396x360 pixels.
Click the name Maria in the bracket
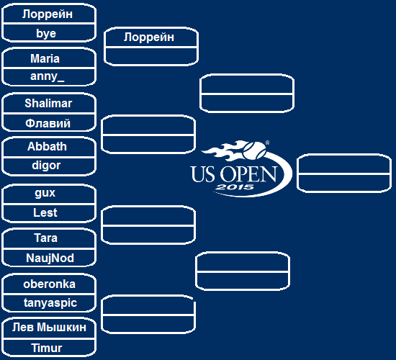[x=45, y=58]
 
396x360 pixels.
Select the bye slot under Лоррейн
[x=46, y=33]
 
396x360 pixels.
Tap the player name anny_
[x=48, y=76]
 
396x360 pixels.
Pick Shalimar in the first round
[x=48, y=103]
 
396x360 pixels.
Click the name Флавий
[x=48, y=123]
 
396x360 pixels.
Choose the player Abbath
[x=47, y=147]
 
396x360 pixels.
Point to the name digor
[x=46, y=166]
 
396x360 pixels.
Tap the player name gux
[x=45, y=193]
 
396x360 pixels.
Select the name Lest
[x=45, y=212]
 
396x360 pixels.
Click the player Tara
[x=45, y=238]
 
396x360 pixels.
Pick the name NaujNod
[x=50, y=258]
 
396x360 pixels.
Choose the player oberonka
[x=49, y=284]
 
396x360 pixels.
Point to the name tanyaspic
[x=50, y=302]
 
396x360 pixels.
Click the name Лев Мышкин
[x=49, y=328]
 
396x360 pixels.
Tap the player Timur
[x=47, y=348]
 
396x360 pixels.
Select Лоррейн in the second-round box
[x=149, y=37]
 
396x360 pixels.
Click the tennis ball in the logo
[x=254, y=150]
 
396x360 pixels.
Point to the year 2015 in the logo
[x=235, y=187]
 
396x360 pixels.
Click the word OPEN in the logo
[x=248, y=174]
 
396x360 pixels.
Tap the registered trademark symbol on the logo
[x=267, y=143]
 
